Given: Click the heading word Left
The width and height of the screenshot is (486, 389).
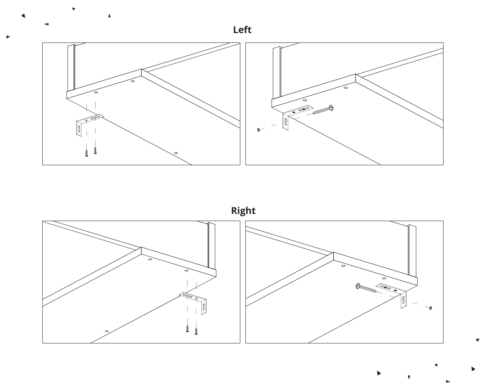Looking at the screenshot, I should (x=242, y=30).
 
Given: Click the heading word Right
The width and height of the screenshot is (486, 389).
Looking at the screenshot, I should (x=243, y=211).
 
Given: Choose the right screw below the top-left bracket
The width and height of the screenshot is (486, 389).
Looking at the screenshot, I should (x=95, y=149).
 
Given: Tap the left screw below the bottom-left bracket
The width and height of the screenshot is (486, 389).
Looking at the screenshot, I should (x=187, y=329).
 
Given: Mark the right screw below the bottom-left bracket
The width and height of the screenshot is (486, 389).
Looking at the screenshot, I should (x=196, y=332).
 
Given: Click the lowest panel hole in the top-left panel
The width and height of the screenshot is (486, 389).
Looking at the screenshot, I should (x=176, y=153).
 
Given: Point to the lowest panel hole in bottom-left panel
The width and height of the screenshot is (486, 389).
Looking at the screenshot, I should (x=107, y=331).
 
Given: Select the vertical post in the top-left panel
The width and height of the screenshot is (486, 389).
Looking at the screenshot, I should (x=71, y=68).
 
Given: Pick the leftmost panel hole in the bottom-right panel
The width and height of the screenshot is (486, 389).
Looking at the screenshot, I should (x=343, y=266).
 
